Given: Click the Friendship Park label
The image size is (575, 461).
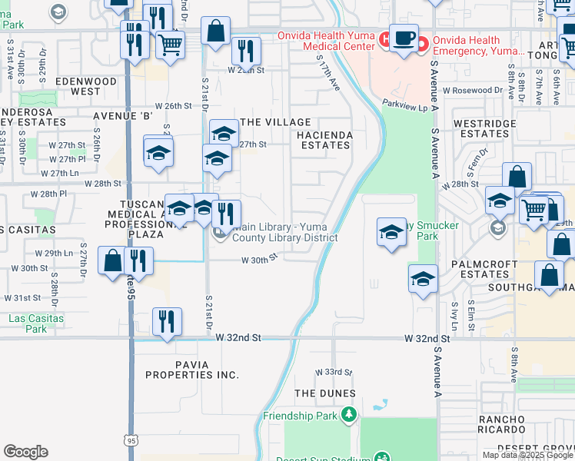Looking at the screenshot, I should coord(301,416).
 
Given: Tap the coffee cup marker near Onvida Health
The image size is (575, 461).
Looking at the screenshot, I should coord(404,38).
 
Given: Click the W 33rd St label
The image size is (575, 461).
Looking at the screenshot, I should coord(333,372).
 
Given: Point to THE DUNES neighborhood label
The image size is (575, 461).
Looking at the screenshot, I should coord(325,393).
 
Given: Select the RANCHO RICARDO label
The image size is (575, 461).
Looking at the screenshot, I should coord(501,425).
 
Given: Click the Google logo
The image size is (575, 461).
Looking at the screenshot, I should coord(25,452).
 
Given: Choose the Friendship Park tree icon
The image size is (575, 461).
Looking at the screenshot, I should coord(350,416).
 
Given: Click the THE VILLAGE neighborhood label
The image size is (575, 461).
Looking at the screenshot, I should coord(275,122).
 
